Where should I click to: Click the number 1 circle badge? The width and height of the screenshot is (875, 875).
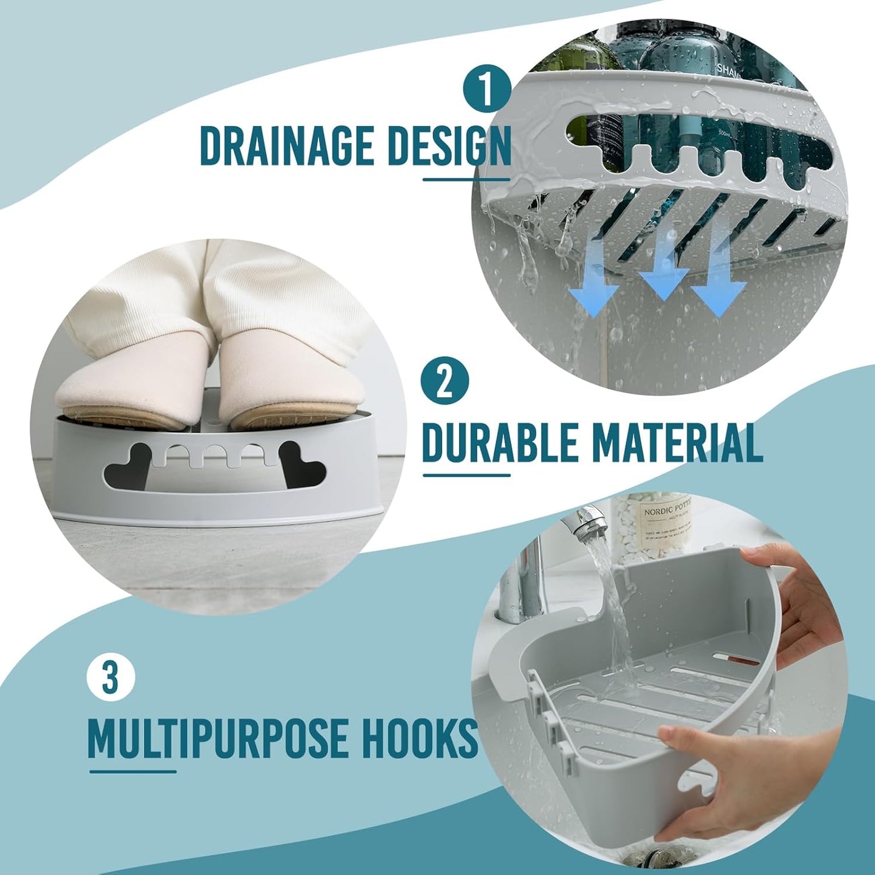click(x=487, y=88)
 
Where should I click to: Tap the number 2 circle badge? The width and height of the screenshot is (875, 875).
click(x=445, y=381)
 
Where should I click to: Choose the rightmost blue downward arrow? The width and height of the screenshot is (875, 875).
click(x=719, y=285)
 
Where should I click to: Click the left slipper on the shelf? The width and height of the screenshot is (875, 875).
click(x=130, y=388)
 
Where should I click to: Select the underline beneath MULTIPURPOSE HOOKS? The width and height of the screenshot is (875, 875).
click(x=133, y=771)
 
